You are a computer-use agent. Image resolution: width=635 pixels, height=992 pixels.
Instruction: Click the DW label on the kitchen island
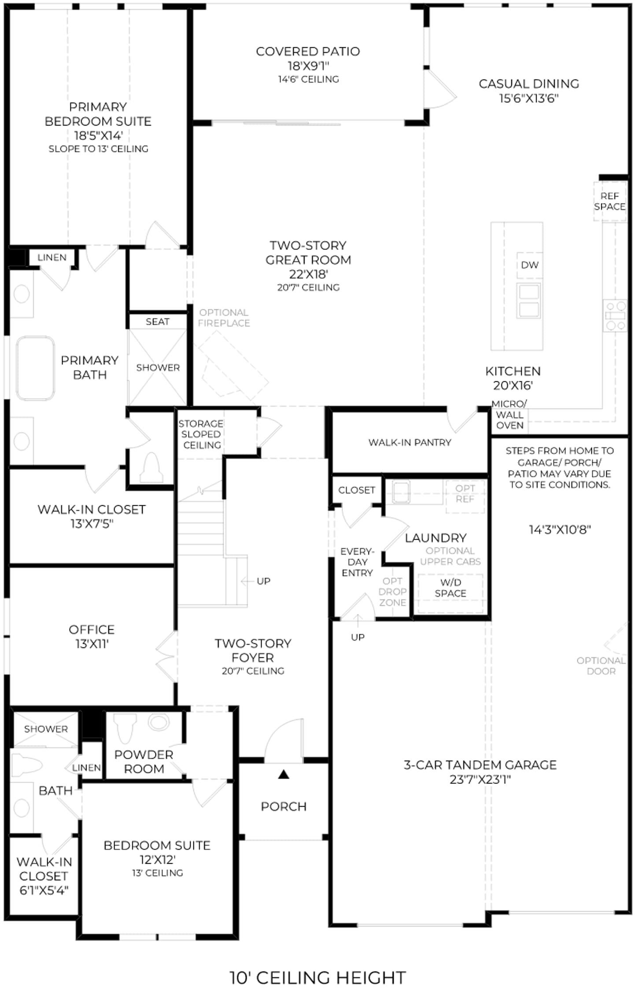(529, 265)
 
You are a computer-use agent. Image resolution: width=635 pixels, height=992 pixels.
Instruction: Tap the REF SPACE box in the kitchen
(610, 201)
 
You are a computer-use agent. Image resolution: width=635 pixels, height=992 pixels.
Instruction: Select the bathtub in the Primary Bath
(35, 368)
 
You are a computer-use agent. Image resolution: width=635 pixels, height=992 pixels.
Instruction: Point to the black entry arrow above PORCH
(284, 774)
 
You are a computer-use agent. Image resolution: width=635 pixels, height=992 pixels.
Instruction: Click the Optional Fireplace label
(224, 318)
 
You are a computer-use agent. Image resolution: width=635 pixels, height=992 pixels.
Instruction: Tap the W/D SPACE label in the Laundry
(450, 588)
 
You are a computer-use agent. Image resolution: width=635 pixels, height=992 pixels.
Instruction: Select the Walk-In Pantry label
(410, 442)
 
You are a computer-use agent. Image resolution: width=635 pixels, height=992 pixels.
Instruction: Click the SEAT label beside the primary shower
(158, 322)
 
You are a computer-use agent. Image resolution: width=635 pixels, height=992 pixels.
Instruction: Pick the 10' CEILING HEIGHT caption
(317, 977)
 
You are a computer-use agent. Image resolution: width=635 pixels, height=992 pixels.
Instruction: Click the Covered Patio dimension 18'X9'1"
(308, 66)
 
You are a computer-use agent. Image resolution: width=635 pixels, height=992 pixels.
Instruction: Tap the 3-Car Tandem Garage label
(480, 765)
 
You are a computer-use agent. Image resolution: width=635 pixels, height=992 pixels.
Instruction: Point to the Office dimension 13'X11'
(92, 644)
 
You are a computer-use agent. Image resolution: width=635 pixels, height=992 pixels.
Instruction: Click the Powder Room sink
(159, 722)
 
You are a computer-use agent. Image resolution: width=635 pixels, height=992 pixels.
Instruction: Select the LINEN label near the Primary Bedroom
(52, 257)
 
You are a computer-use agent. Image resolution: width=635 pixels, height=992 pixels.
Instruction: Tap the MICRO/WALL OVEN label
(509, 414)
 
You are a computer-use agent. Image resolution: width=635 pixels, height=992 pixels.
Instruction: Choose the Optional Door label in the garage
(601, 666)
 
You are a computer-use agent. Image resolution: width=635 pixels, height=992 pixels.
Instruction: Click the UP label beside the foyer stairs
(263, 581)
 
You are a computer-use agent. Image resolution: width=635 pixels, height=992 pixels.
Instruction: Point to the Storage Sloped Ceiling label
(201, 434)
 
